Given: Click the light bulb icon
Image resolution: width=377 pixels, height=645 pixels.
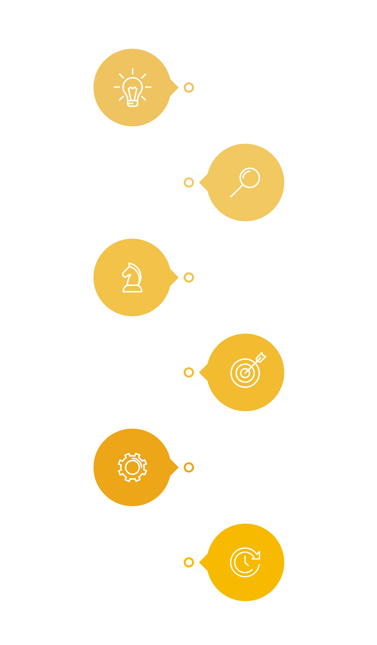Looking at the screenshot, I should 132,88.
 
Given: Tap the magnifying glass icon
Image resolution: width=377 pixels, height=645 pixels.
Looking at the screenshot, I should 245,182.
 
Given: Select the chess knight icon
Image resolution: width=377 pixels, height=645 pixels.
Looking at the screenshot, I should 132,278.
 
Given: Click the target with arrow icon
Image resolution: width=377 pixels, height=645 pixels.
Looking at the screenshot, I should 247,370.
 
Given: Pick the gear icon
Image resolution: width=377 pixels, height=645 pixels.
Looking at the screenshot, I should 132,467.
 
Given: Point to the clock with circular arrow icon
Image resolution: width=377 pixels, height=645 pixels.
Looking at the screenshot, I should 245,562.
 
